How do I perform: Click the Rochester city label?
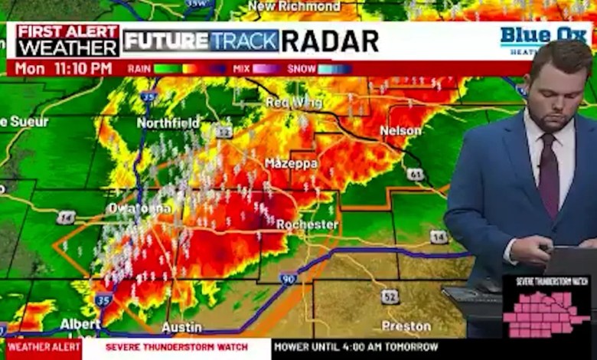click(307, 224)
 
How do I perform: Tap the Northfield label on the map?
click(168, 123)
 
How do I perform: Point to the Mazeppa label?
click(291, 163)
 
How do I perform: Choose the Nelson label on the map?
click(400, 131)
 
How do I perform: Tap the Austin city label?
click(182, 327)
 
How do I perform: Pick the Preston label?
click(406, 326)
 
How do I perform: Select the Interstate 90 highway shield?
click(288, 280)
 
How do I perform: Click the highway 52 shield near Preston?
click(390, 296)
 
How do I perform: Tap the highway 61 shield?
click(416, 175)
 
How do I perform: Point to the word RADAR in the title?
click(330, 41)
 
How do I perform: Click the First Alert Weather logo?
click(67, 41)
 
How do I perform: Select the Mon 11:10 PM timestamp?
click(64, 69)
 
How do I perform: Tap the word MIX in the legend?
click(241, 69)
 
